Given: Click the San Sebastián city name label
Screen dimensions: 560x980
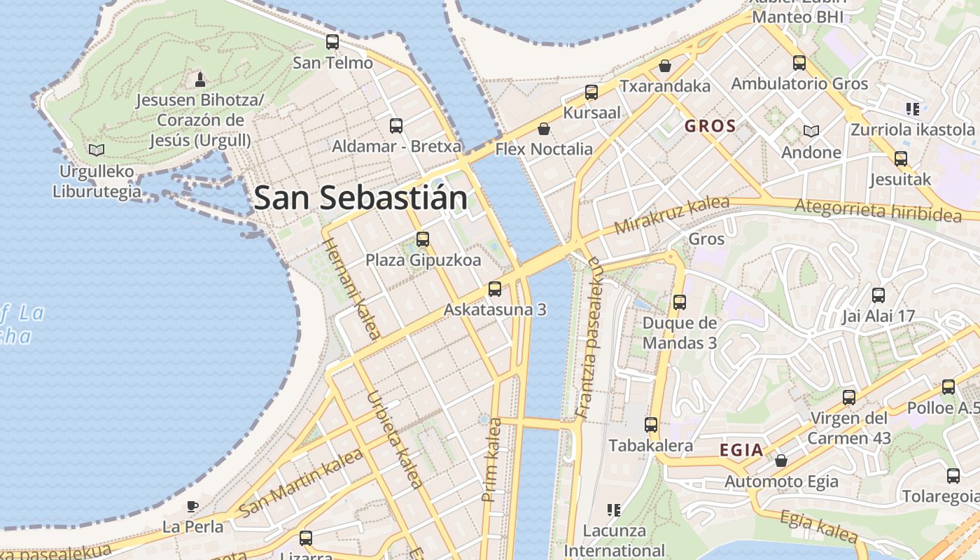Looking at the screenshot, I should (360, 198).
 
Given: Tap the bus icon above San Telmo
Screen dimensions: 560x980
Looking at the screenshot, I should (332, 42).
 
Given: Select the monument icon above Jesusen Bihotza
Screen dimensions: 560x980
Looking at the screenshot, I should (200, 78).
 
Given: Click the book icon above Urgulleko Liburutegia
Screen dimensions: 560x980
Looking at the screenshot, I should (97, 150).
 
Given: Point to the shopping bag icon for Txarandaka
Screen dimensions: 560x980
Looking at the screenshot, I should (665, 66).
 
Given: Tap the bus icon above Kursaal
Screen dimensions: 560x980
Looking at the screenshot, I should (591, 92).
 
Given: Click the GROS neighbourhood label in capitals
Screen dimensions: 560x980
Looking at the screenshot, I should (710, 127).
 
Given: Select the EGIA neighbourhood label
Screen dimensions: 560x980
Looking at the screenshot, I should (741, 450).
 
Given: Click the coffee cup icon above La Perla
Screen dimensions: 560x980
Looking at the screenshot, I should (192, 506).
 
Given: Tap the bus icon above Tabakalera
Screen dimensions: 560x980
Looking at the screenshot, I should (651, 425).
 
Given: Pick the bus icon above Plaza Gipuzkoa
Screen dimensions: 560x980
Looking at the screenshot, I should (423, 239).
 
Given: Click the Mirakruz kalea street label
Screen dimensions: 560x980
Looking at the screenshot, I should (671, 216).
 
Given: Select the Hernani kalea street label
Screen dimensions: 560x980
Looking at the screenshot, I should (351, 288).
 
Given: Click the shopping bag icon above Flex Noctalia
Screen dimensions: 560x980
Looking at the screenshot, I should (543, 129).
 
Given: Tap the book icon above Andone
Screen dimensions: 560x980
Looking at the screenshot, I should (811, 132).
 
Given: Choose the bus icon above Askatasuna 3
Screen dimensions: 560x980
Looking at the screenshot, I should (495, 288).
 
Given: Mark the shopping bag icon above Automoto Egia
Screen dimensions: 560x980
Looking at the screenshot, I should (781, 461).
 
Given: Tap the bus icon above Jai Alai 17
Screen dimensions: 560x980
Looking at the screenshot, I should (878, 295).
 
